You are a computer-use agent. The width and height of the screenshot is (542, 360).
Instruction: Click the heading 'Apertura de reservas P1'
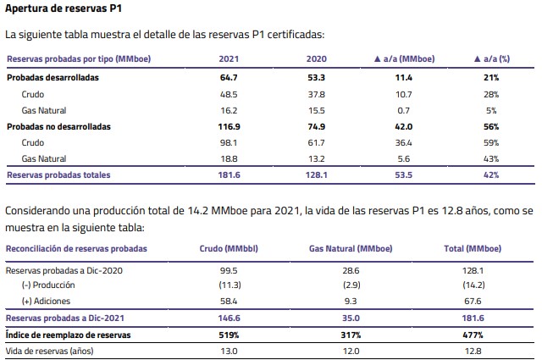pyautogui.click(x=64, y=8)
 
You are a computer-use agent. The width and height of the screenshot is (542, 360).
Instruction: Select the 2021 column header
pyautogui.click(x=229, y=58)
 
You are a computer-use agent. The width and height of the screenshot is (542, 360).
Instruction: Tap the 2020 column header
pyautogui.click(x=316, y=58)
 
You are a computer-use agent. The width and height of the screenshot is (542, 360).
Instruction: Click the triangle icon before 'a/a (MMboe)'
pyautogui.click(x=378, y=58)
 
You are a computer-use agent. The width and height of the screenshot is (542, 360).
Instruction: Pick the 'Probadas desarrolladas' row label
pyautogui.click(x=53, y=77)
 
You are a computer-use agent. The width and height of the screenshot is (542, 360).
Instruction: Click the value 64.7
pyautogui.click(x=229, y=77)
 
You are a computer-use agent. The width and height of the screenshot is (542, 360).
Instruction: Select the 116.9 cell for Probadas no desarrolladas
pyautogui.click(x=229, y=126)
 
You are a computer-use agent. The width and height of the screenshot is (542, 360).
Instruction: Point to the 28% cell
pyautogui.click(x=491, y=94)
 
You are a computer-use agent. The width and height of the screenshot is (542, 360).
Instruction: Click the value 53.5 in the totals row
pyautogui.click(x=404, y=175)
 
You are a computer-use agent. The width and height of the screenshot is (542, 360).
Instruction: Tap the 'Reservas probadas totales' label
pyautogui.click(x=58, y=175)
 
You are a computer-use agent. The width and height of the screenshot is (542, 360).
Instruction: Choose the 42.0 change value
pyautogui.click(x=404, y=126)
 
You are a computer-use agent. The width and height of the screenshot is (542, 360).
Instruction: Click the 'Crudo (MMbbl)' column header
pyautogui.click(x=229, y=249)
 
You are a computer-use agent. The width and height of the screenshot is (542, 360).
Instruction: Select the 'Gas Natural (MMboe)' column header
pyautogui.click(x=351, y=249)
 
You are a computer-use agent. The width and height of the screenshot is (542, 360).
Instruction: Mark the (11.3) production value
pyautogui.click(x=230, y=285)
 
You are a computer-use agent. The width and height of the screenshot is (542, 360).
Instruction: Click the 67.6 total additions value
pyautogui.click(x=473, y=302)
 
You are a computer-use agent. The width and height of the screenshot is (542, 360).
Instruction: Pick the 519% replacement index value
pyautogui.click(x=229, y=335)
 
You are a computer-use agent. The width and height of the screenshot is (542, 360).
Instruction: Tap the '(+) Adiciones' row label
pyautogui.click(x=46, y=302)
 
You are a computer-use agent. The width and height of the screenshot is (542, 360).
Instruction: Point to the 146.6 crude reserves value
pyautogui.click(x=229, y=318)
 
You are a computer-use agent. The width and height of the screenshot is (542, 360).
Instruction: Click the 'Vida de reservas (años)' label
pyautogui.click(x=49, y=351)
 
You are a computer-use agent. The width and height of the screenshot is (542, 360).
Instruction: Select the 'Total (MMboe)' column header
pyautogui.click(x=473, y=249)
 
